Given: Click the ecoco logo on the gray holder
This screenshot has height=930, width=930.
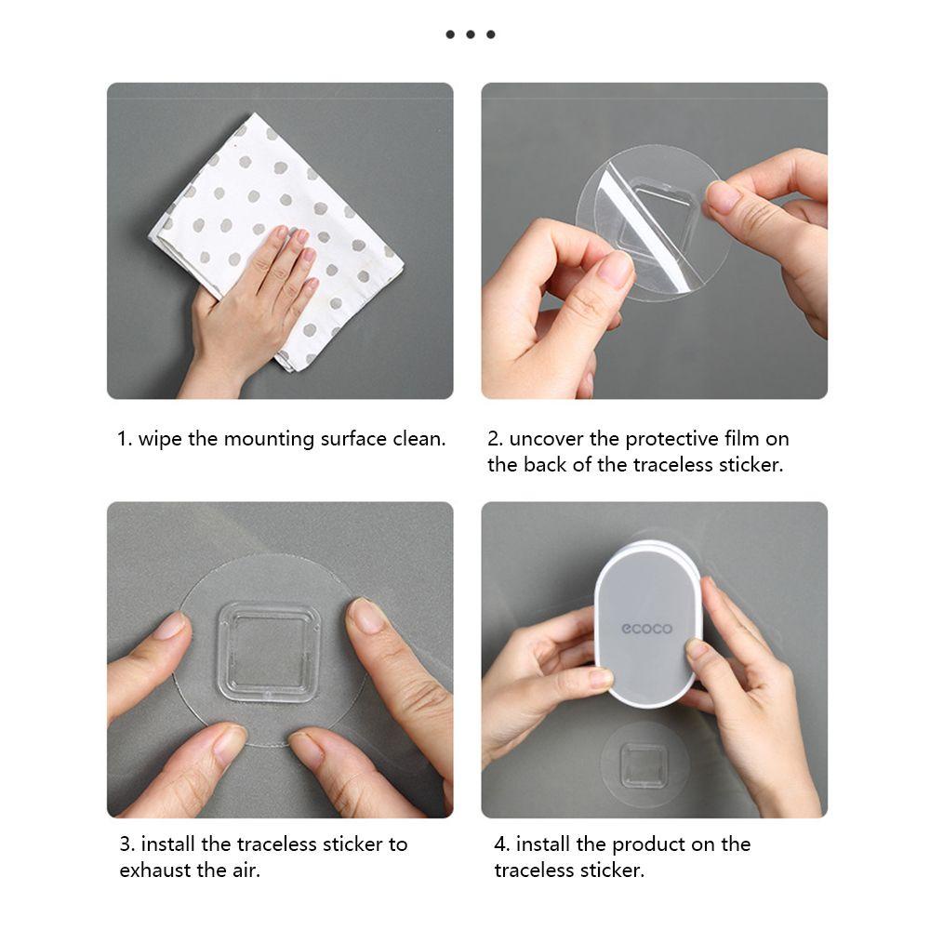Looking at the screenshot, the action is (646, 629).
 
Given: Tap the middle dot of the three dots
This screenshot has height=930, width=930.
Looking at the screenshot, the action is (471, 34).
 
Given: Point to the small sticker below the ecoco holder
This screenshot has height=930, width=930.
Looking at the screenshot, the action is (644, 764).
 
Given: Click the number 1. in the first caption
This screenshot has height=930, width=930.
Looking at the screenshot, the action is (124, 440).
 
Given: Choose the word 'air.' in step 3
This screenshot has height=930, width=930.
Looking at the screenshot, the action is (244, 870).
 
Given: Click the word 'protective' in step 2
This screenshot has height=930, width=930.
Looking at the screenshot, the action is (671, 440).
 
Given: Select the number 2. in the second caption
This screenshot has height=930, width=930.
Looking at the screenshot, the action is (496, 440).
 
